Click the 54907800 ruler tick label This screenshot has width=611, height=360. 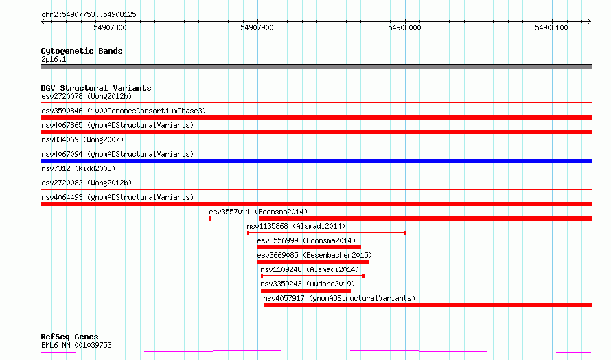tap(110, 27)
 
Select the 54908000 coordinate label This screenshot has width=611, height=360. tap(404, 27)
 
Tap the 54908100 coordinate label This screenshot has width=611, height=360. tap(551, 27)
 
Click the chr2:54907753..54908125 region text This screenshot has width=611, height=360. tap(89, 15)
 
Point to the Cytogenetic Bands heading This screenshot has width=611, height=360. tap(82, 51)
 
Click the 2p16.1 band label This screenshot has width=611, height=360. tap(54, 59)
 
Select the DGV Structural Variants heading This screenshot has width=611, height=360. tap(96, 88)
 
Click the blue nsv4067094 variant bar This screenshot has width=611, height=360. tap(316, 161)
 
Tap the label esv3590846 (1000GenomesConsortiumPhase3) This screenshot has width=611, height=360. tap(124, 111)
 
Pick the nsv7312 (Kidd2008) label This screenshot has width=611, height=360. tap(78, 168)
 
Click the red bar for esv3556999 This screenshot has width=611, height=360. tap(309, 247)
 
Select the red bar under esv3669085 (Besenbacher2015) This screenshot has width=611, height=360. tap(313, 262)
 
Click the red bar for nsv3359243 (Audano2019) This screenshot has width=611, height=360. tap(306, 291)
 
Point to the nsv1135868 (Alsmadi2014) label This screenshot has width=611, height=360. tap(296, 226)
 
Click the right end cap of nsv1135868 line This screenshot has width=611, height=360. tap(405, 233)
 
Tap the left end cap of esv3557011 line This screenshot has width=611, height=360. tap(211, 218)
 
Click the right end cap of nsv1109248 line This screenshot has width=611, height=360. tap(364, 276)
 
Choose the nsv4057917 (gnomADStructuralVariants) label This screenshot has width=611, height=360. tap(339, 298)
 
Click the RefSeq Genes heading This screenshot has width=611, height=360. tap(69, 337)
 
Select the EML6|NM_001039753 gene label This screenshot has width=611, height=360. tap(76, 345)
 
